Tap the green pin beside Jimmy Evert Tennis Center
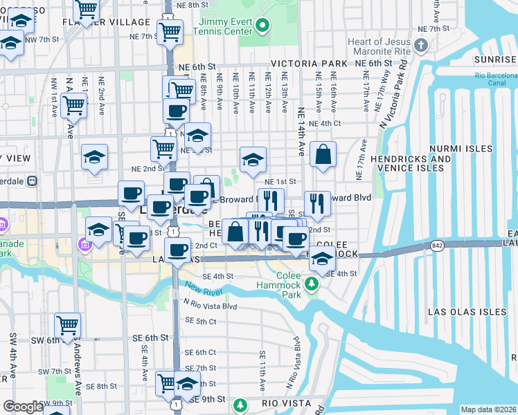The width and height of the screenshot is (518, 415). pos(262,28)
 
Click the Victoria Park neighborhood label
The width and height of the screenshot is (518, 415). pos(309,64)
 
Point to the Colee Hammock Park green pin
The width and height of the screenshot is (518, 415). pos(312,284)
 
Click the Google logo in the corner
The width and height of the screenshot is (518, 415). pos(23,407)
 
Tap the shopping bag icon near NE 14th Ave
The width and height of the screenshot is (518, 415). pos(323,155)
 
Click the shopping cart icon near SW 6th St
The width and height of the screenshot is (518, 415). pos(68,324)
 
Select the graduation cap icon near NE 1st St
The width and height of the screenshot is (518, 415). pos(253,160)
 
